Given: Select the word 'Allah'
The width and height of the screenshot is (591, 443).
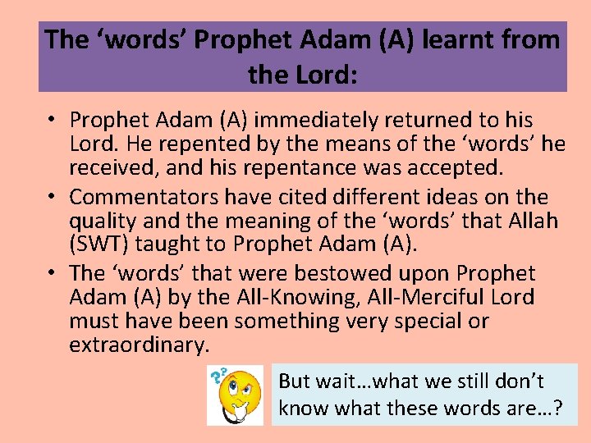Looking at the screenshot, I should pyautogui.click(x=523, y=221).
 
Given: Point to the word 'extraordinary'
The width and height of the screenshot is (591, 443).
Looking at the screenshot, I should pyautogui.click(x=139, y=345).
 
